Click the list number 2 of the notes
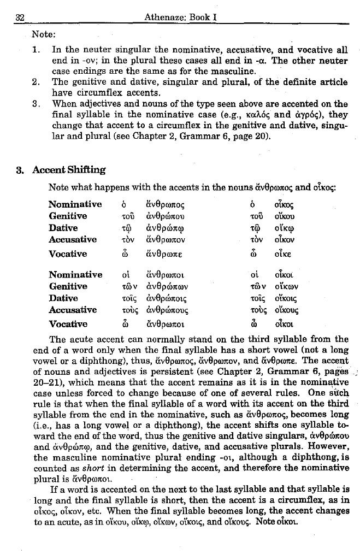tap(35, 82)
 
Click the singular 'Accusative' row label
tap(73, 239)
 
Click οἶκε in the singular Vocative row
tap(287, 254)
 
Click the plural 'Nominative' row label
tap(75, 275)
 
